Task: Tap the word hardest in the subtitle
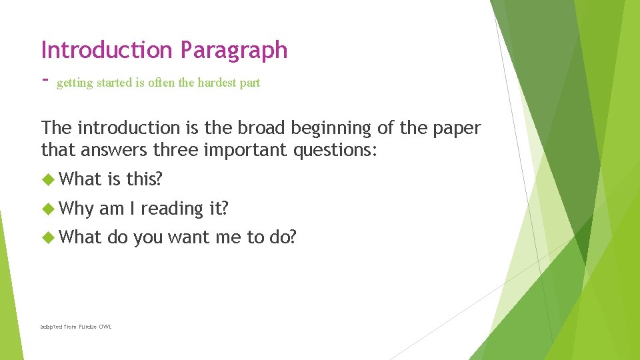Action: tap(213, 83)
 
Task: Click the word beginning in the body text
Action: tap(329, 129)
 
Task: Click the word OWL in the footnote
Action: tap(105, 327)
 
